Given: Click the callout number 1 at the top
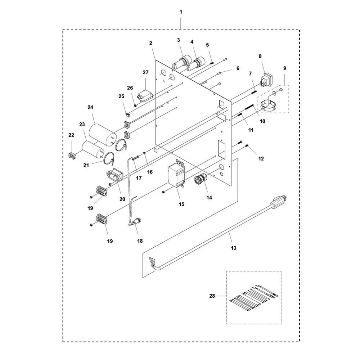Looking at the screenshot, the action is (181, 12).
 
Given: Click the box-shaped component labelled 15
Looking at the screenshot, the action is (177, 176).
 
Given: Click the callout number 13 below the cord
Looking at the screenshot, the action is (234, 248).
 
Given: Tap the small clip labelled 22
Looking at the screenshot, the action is (73, 156).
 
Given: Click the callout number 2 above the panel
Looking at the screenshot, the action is (150, 43).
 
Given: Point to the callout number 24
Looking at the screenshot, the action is (90, 107).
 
